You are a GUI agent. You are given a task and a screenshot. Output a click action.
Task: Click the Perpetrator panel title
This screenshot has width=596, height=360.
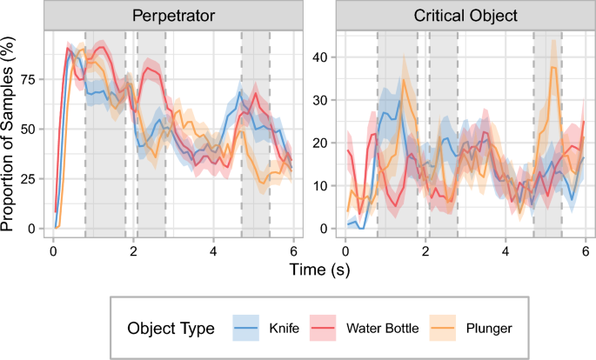pyautogui.click(x=173, y=16)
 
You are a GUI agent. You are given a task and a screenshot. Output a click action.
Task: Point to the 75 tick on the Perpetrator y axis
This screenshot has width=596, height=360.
pyautogui.click(x=31, y=78)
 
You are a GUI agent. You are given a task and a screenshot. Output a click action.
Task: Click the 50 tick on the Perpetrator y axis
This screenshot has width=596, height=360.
pyautogui.click(x=31, y=129)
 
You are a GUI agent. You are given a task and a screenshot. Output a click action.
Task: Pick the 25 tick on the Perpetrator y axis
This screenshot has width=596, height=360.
pyautogui.click(x=31, y=178)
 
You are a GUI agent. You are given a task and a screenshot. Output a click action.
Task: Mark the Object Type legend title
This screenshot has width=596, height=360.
pyautogui.click(x=171, y=329)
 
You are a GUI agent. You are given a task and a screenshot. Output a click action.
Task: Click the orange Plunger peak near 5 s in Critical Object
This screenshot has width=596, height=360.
pyautogui.click(x=552, y=67)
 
